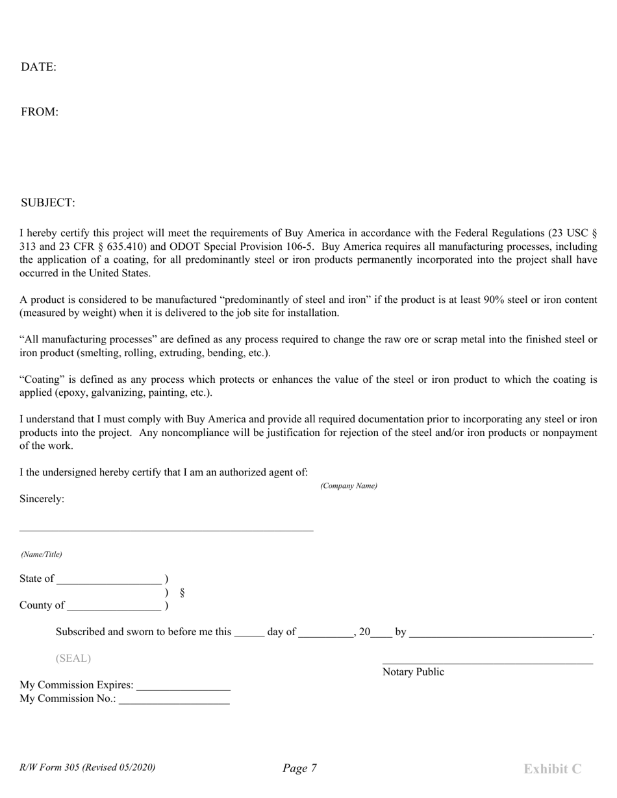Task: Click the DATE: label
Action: (38, 67)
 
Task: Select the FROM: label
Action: (40, 112)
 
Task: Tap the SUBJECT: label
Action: (48, 203)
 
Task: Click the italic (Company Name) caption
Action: (348, 486)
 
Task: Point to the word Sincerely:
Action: (42, 499)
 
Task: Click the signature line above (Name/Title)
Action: (166, 531)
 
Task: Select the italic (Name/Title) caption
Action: (42, 555)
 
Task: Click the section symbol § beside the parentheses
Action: (183, 592)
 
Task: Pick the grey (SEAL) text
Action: (73, 659)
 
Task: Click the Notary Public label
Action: (413, 672)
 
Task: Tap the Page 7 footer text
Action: (299, 769)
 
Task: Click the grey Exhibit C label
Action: (552, 769)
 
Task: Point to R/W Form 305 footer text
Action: (88, 768)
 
